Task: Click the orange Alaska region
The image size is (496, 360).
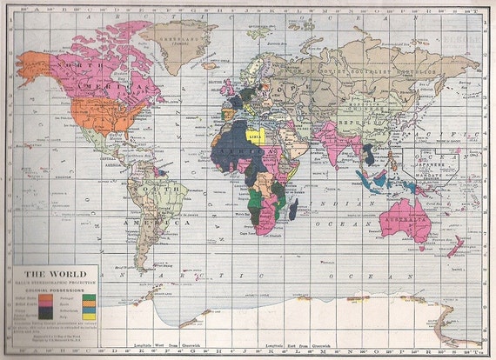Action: click(x=35, y=66)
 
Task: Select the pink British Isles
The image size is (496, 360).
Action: click(x=228, y=87)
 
